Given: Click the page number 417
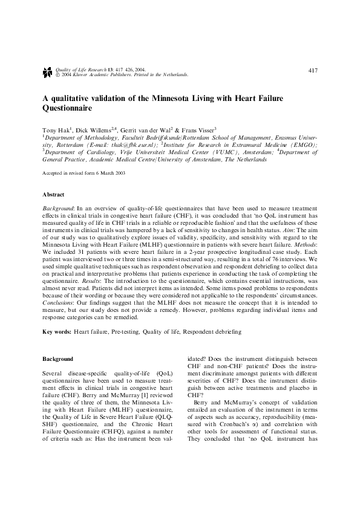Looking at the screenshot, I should point(313,70).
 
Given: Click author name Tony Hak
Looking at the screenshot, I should point(56,130).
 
